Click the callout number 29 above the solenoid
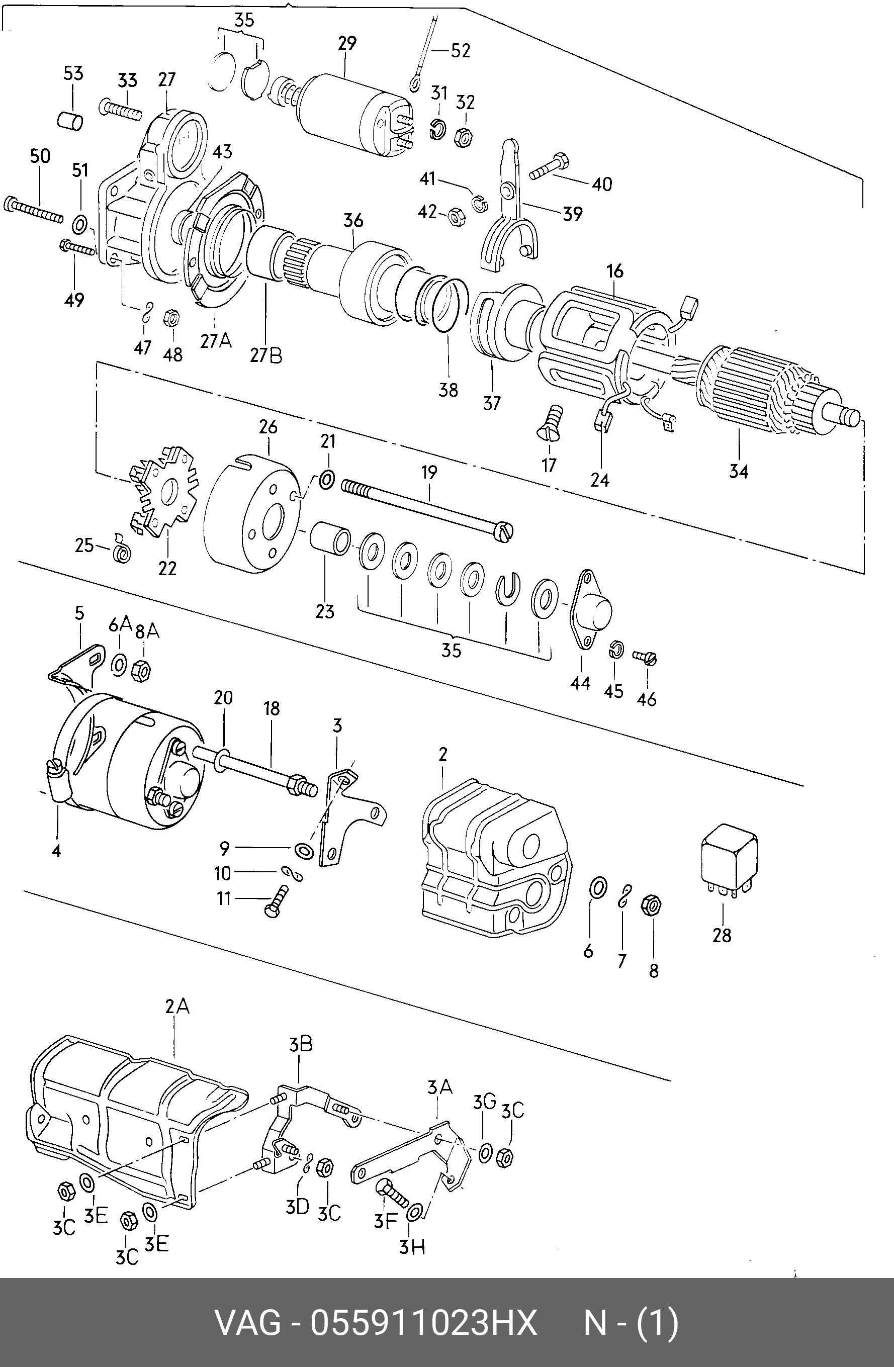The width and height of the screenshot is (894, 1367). coord(347,44)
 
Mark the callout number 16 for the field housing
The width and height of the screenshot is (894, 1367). coord(615,271)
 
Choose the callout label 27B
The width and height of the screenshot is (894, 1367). coord(266,355)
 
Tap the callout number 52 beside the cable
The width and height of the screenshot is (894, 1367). coord(460,51)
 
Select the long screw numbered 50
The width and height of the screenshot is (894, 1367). coord(33,211)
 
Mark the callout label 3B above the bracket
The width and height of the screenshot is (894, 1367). coord(301,1044)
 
